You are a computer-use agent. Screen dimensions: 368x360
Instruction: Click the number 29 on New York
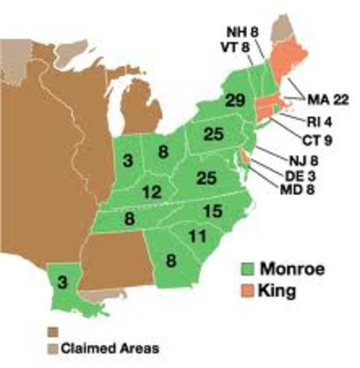coord(235,101)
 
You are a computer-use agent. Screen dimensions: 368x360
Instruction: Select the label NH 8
coord(241,32)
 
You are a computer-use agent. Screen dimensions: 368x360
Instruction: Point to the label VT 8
coord(235,48)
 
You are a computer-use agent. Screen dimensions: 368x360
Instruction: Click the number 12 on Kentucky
coord(151,192)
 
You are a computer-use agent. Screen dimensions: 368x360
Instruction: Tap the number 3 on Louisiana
coord(62,282)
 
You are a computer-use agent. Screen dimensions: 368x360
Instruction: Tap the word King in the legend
coord(279,293)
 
